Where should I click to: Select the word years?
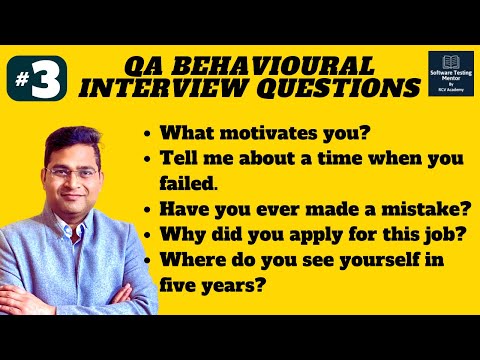click(x=232, y=286)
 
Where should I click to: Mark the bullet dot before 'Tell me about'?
click(x=149, y=158)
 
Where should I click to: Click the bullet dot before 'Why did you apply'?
click(x=149, y=235)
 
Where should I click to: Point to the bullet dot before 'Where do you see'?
click(x=149, y=262)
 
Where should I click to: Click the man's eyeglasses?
click(x=71, y=173)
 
